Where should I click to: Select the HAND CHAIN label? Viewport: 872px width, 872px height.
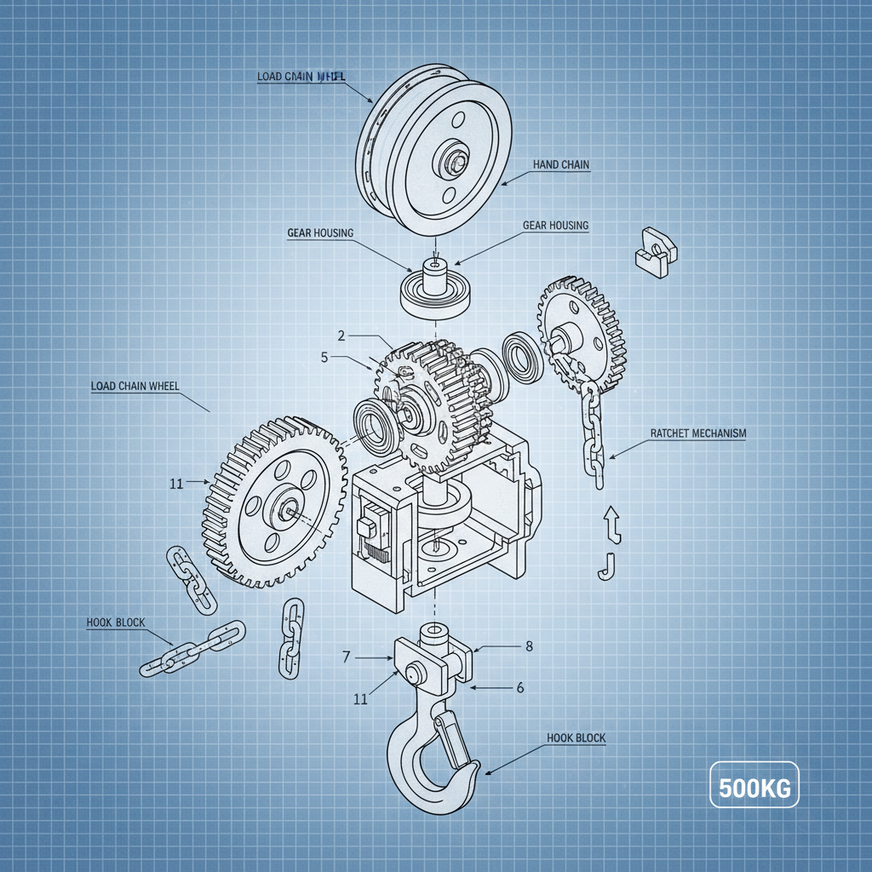(560, 164)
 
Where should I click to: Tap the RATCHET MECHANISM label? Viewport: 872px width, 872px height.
(697, 433)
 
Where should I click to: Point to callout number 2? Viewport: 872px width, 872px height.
(341, 336)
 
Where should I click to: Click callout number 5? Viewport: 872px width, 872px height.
(324, 358)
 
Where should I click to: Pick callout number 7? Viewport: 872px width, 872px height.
(347, 657)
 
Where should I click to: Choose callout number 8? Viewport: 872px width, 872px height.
(529, 646)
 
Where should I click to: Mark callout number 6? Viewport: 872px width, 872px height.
(520, 687)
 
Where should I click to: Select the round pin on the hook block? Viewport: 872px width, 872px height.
(415, 673)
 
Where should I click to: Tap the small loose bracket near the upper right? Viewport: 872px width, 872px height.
(656, 251)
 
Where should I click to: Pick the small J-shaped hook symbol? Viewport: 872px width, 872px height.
(607, 565)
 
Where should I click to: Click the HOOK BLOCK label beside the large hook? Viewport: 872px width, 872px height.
(577, 738)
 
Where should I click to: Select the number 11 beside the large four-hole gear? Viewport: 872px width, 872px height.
(177, 484)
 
